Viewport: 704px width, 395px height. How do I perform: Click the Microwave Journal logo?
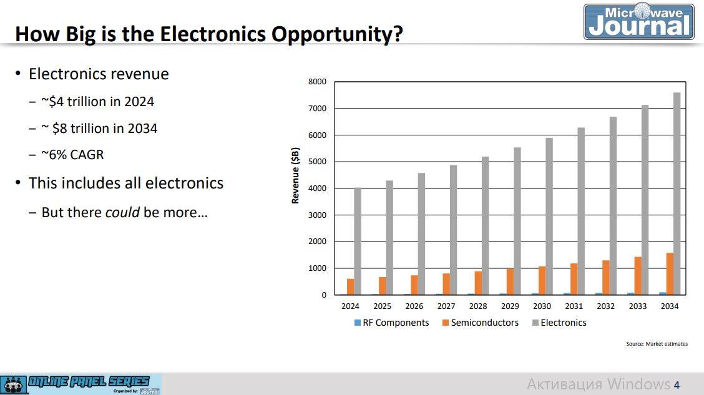[x=639, y=22]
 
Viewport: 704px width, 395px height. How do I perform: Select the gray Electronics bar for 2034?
[x=677, y=193]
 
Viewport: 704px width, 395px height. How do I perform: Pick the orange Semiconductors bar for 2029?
[x=510, y=281]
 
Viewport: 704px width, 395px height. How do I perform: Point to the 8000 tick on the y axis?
[x=317, y=82]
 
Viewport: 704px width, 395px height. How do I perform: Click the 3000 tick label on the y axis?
[x=317, y=215]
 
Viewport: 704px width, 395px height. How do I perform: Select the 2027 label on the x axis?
[x=446, y=306]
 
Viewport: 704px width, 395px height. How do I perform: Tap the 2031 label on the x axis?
[x=574, y=306]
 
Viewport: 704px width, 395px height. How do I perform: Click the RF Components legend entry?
[x=391, y=323]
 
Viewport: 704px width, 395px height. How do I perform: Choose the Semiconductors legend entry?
[x=480, y=323]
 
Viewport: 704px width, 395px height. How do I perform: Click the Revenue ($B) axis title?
[x=296, y=176]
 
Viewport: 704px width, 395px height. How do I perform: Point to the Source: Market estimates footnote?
[x=657, y=344]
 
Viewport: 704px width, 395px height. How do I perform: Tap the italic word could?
[x=122, y=212]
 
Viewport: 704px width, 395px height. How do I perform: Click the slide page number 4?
[x=677, y=384]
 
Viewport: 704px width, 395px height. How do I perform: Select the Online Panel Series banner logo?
[x=81, y=384]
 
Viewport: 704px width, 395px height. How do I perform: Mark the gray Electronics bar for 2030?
[x=549, y=216]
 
